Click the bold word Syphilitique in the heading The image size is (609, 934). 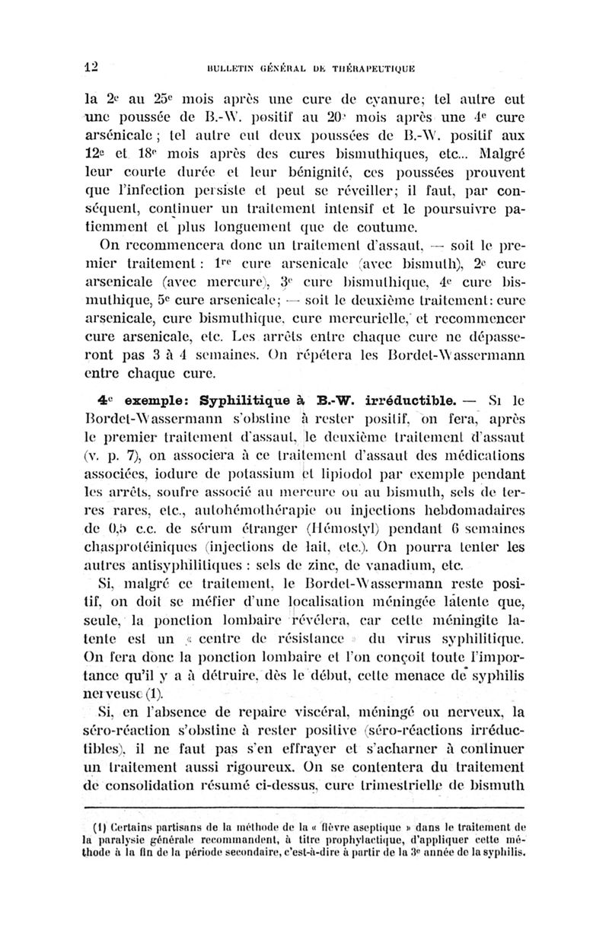tap(250, 400)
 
